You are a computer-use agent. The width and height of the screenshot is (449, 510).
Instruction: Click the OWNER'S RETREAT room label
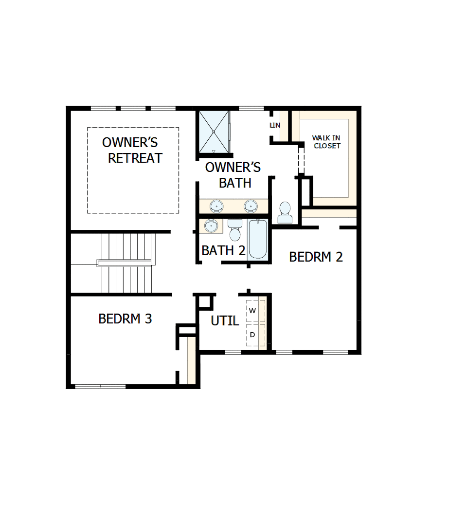click(132, 150)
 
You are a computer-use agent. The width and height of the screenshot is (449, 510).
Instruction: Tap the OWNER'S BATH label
click(233, 175)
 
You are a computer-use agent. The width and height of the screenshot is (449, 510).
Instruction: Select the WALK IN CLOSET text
click(326, 142)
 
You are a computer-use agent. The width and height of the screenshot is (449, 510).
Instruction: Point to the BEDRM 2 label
click(316, 257)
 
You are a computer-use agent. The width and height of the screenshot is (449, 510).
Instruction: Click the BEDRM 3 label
click(125, 319)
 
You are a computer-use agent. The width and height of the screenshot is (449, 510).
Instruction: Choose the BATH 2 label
click(223, 250)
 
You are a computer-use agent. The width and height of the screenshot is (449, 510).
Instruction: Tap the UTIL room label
click(225, 321)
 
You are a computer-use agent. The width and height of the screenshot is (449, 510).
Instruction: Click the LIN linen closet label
click(275, 125)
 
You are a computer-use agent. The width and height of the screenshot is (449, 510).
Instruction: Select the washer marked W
click(252, 310)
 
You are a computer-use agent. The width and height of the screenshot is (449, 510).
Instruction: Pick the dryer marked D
click(252, 335)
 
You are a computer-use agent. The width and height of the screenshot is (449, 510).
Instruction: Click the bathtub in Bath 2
click(257, 239)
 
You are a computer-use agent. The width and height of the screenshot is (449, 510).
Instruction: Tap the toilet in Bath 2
click(235, 230)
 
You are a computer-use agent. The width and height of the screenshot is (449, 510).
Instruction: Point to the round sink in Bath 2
click(211, 226)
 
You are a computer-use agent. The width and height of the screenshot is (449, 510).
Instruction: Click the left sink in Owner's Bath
click(216, 206)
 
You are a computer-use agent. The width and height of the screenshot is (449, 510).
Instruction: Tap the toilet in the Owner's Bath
click(285, 213)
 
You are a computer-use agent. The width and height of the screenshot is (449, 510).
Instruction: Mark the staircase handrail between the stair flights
click(126, 263)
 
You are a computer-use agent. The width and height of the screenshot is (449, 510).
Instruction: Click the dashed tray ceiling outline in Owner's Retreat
click(88, 170)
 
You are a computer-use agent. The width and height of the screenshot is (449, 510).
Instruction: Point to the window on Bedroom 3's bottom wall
click(100, 387)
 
